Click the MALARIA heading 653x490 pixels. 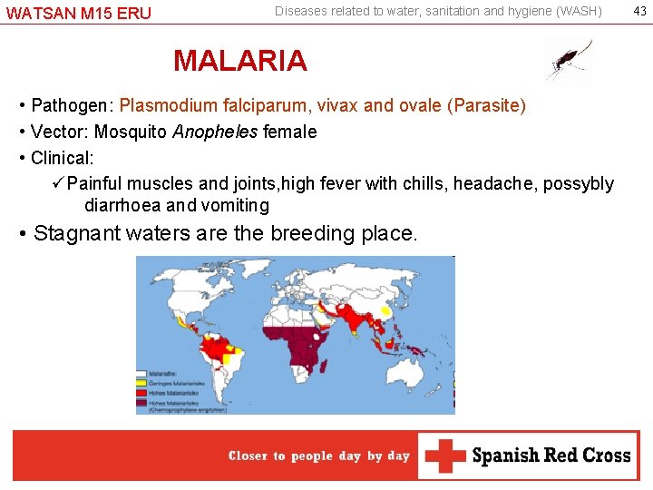pos(240,61)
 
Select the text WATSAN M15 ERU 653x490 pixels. pos(79,14)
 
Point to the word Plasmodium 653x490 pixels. pos(162,105)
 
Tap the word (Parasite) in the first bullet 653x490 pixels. pos(486,105)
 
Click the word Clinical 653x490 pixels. pos(62,158)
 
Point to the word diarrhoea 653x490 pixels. pos(122,205)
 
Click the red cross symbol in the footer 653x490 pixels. pos(444,456)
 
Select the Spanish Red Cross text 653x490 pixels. pos(551,456)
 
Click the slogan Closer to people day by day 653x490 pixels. pos(319,456)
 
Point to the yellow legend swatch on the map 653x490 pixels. pos(141,379)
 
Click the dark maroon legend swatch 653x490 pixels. pos(141,400)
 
